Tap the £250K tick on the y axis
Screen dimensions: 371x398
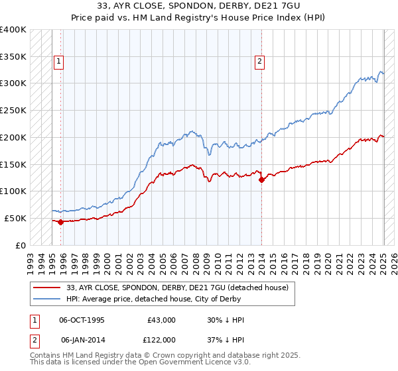(13, 110)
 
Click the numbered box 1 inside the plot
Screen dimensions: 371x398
(59, 62)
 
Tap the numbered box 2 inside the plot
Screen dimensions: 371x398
(259, 62)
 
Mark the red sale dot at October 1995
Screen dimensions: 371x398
(61, 222)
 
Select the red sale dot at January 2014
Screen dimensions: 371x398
(261, 179)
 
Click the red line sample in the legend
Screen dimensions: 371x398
(47, 288)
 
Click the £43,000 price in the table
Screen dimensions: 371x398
(161, 320)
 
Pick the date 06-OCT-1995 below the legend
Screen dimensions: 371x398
(82, 320)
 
